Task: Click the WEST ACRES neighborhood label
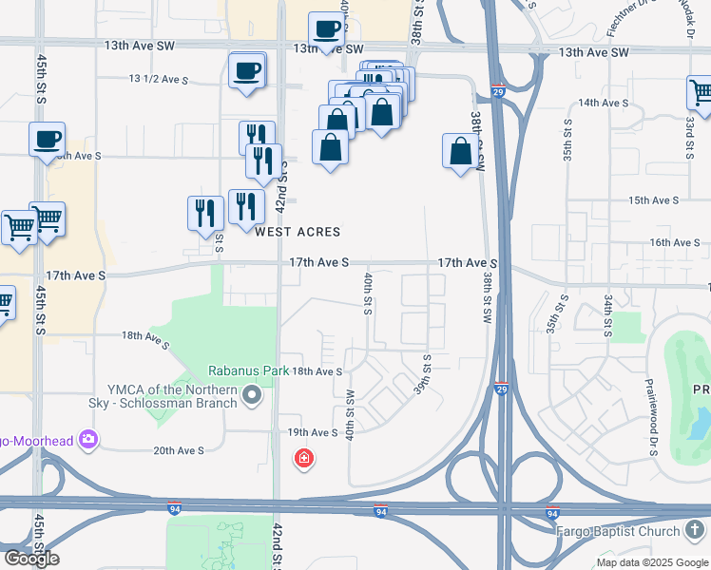point(298,232)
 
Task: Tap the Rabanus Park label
point(249,370)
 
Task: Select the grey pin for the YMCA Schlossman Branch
point(252,393)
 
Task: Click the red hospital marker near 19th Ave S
point(304,460)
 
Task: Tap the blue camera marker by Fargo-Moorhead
point(88,439)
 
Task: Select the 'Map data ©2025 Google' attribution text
point(652,562)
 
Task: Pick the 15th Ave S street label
point(652,200)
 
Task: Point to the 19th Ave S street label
point(314,432)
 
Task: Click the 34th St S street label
point(607,315)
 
